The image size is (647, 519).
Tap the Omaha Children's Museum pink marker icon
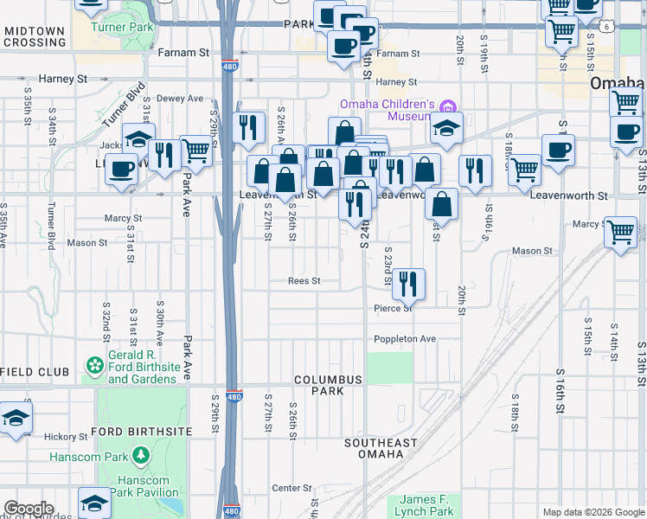[x=447, y=107]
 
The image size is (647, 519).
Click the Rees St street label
[x=304, y=281]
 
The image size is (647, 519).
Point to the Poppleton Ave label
[x=405, y=339]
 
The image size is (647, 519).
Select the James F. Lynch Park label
[x=426, y=506]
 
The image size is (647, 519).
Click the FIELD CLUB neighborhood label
[x=35, y=372]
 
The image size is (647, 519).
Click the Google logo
[x=29, y=509]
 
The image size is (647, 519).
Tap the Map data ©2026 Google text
[x=593, y=512]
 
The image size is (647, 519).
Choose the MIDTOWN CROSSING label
[x=35, y=36]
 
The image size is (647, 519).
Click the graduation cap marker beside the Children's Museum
[x=446, y=130]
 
